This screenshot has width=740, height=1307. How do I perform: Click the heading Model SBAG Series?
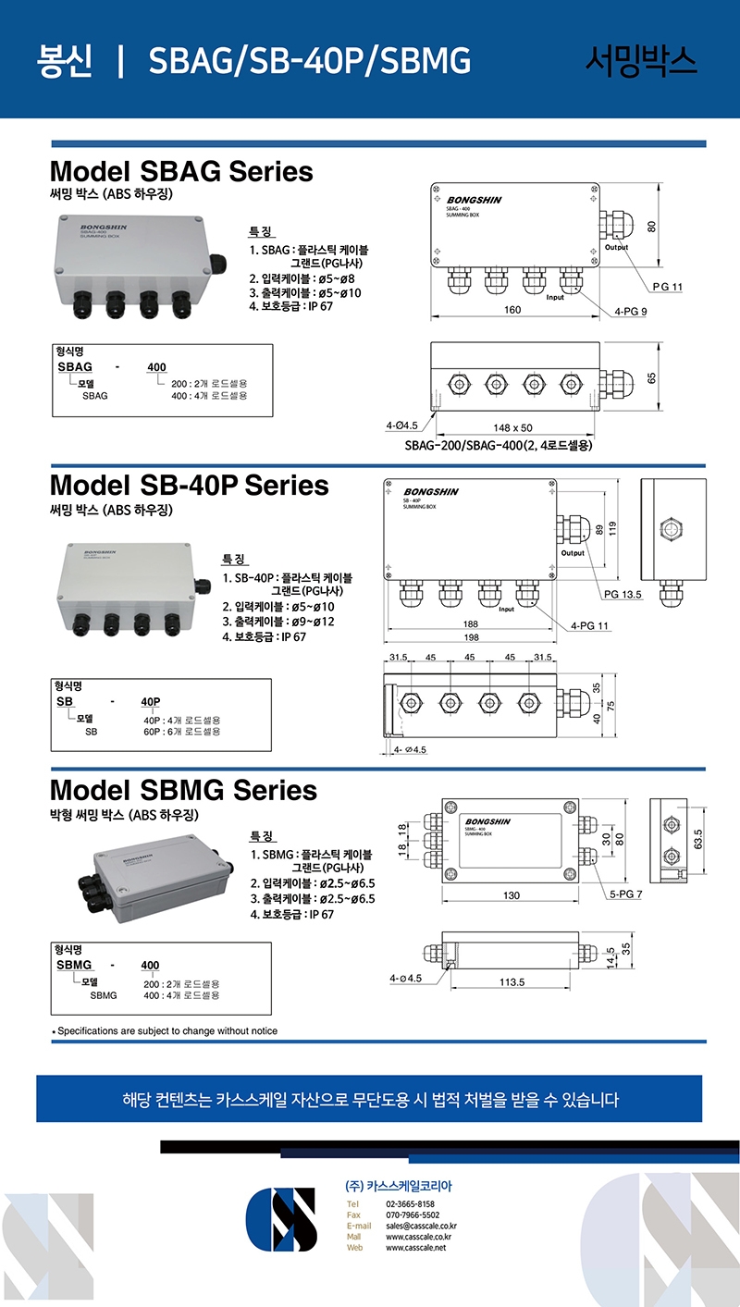point(181,172)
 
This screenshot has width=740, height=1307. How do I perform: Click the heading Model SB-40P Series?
point(189,486)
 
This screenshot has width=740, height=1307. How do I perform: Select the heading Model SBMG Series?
point(183,791)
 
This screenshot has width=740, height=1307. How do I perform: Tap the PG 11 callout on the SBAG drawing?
point(667,287)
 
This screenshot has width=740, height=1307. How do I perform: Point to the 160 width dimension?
point(512,310)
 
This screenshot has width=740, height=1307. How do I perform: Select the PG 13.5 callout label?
point(623,594)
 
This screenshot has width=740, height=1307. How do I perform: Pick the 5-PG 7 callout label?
point(626,894)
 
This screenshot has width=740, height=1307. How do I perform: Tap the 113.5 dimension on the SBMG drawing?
point(512,982)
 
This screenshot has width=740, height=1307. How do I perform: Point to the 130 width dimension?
point(512,895)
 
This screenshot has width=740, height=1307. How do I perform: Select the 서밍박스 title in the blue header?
point(641,60)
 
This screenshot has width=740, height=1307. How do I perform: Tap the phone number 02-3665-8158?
point(410,1203)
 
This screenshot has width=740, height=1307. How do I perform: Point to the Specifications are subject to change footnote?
point(166,1030)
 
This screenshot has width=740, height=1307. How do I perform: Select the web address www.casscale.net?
point(415,1248)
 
